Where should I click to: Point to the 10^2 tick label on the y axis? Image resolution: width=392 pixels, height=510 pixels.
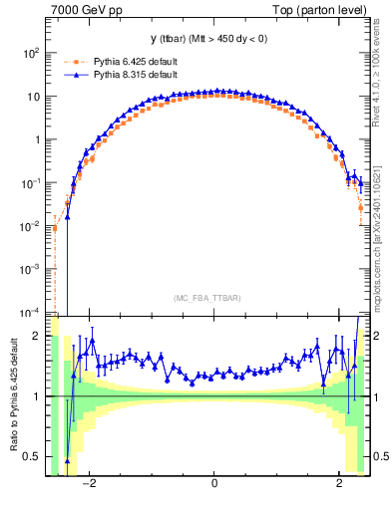[30, 53]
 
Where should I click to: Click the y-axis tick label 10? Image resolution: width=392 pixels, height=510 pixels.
[33, 97]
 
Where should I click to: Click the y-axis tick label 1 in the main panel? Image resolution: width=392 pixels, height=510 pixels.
[38, 139]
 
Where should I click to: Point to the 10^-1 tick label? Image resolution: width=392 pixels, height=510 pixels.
[30, 183]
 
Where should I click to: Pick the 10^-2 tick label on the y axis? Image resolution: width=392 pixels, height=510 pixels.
[30, 226]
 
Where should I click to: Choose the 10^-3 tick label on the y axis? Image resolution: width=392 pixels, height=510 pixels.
[30, 269]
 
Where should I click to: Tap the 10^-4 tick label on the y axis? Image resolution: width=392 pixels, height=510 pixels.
[30, 312]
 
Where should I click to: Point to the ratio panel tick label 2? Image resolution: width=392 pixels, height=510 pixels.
[38, 336]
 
